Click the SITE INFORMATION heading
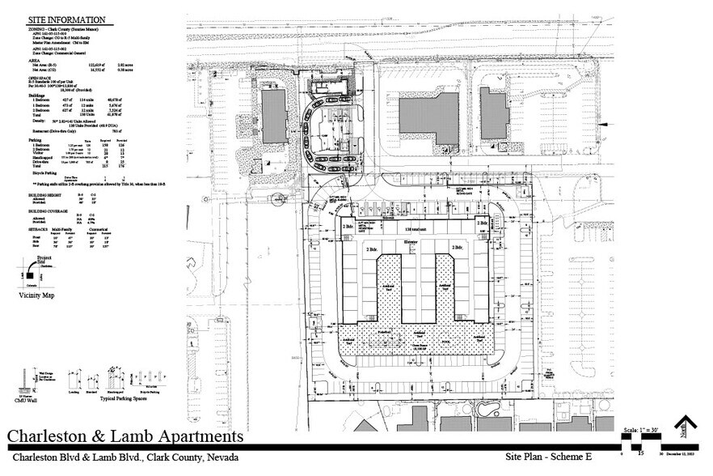65,19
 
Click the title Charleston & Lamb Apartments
125,436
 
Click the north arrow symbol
686,427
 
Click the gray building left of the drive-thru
273,117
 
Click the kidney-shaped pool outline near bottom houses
487,406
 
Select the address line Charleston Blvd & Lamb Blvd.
117,457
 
